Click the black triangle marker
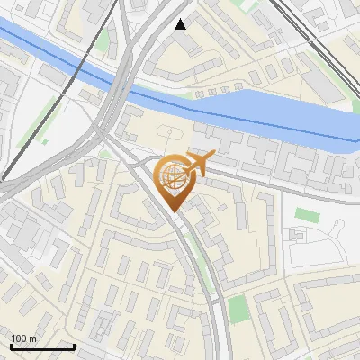[x=181, y=24]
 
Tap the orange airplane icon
[x=199, y=163]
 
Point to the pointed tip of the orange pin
[x=172, y=211]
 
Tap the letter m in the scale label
[x=33, y=338]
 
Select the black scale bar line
[x=42, y=346]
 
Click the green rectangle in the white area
[x=308, y=215]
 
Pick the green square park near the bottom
[x=238, y=309]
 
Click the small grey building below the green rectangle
[x=297, y=236]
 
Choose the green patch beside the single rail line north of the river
[x=103, y=40]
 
